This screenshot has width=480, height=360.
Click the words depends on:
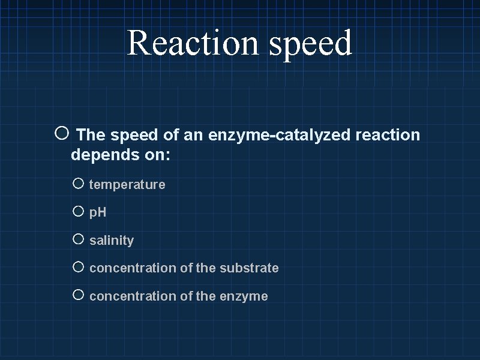click(121, 155)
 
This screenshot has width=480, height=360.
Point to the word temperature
click(127, 185)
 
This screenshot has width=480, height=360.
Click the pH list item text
click(98, 212)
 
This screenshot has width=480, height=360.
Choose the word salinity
click(112, 241)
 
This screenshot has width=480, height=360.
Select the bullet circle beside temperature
click(78, 184)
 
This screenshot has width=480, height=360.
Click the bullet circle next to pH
click(78, 211)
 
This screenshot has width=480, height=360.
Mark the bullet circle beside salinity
click(78, 239)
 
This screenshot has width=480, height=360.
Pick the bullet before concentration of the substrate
click(78, 267)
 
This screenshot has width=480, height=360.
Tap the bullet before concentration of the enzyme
click(78, 295)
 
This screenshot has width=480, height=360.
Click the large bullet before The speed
click(62, 134)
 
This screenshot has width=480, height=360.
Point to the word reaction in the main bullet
click(388, 136)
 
